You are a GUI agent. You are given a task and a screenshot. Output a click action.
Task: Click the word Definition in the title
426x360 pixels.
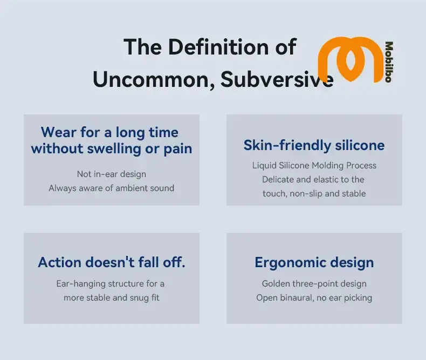pyautogui.click(x=218, y=47)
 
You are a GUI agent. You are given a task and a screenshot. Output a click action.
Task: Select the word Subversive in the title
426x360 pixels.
pyautogui.click(x=277, y=79)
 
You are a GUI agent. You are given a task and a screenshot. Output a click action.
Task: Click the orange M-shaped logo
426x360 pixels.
pyautogui.click(x=350, y=59)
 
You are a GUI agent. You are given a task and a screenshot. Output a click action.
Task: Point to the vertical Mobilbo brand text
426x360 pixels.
pyautogui.click(x=389, y=62)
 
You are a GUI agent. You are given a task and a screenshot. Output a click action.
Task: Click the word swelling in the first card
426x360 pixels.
pyautogui.click(x=114, y=149)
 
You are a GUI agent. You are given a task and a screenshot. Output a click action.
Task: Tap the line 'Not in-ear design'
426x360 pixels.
pyautogui.click(x=112, y=174)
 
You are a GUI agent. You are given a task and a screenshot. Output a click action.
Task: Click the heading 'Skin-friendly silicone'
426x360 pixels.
pyautogui.click(x=314, y=145)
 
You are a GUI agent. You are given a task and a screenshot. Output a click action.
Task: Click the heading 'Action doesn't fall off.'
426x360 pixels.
pyautogui.click(x=112, y=262)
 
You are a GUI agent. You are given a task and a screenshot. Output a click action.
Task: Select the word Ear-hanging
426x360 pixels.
pyautogui.click(x=81, y=284)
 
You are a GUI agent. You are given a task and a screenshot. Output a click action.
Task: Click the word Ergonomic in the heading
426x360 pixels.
pyautogui.click(x=287, y=263)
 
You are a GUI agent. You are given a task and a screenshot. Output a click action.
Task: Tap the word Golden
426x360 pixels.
pyautogui.click(x=276, y=283)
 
